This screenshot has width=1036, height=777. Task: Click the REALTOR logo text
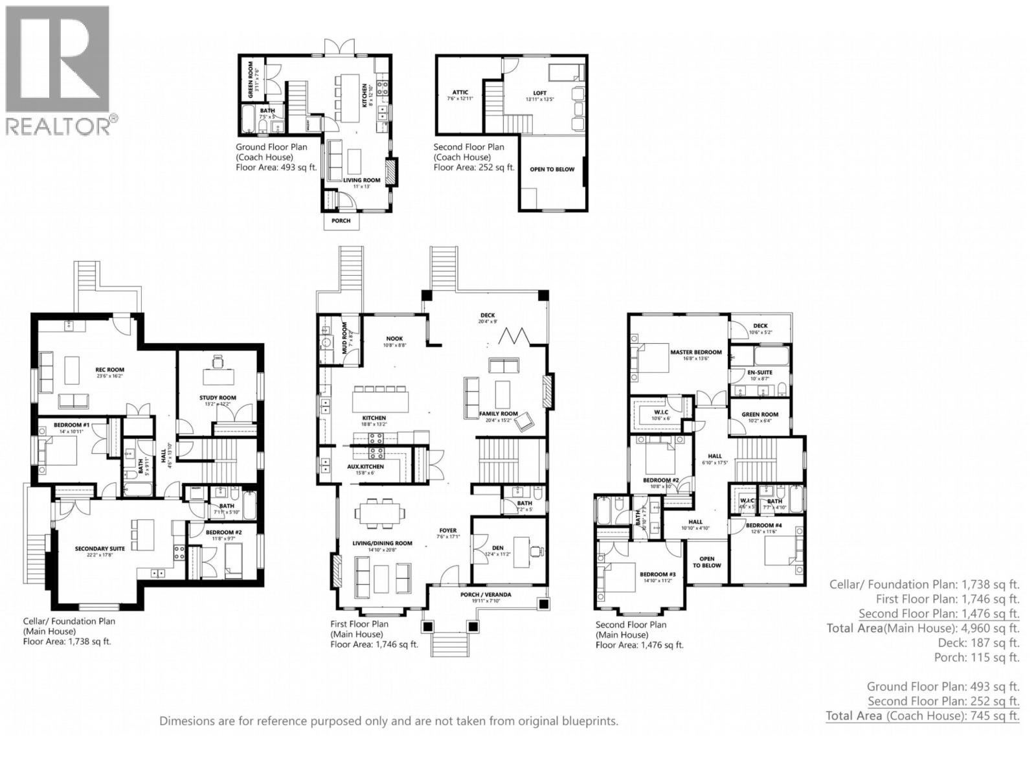58,125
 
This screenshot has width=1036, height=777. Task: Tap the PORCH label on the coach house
341,221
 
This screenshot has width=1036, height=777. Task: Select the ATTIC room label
460,93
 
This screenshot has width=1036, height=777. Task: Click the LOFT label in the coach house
539,93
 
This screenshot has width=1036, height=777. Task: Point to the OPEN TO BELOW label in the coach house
552,169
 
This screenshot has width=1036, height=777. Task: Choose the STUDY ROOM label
218,398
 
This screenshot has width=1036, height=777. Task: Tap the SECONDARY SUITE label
100,548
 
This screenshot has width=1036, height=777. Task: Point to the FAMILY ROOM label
498,413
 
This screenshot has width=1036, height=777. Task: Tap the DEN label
497,548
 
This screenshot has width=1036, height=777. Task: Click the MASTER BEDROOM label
695,352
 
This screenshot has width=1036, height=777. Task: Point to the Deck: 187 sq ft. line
978,643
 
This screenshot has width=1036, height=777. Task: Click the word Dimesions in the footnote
188,721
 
